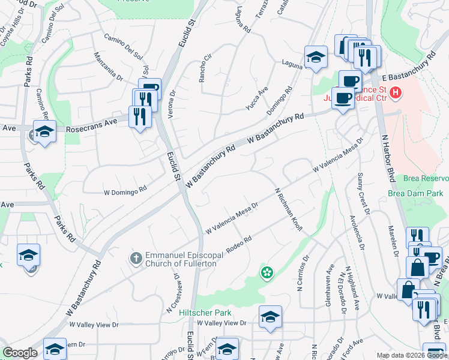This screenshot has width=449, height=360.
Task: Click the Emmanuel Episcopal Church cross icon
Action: coord(136,258)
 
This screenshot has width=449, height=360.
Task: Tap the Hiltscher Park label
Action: coord(196,313)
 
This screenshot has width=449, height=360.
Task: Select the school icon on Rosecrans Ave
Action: coord(44,131)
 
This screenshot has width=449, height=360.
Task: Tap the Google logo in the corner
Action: coord(20,353)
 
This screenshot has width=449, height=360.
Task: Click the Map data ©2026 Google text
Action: coord(412,355)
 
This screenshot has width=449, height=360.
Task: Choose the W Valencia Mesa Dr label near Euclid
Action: coord(232,217)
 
